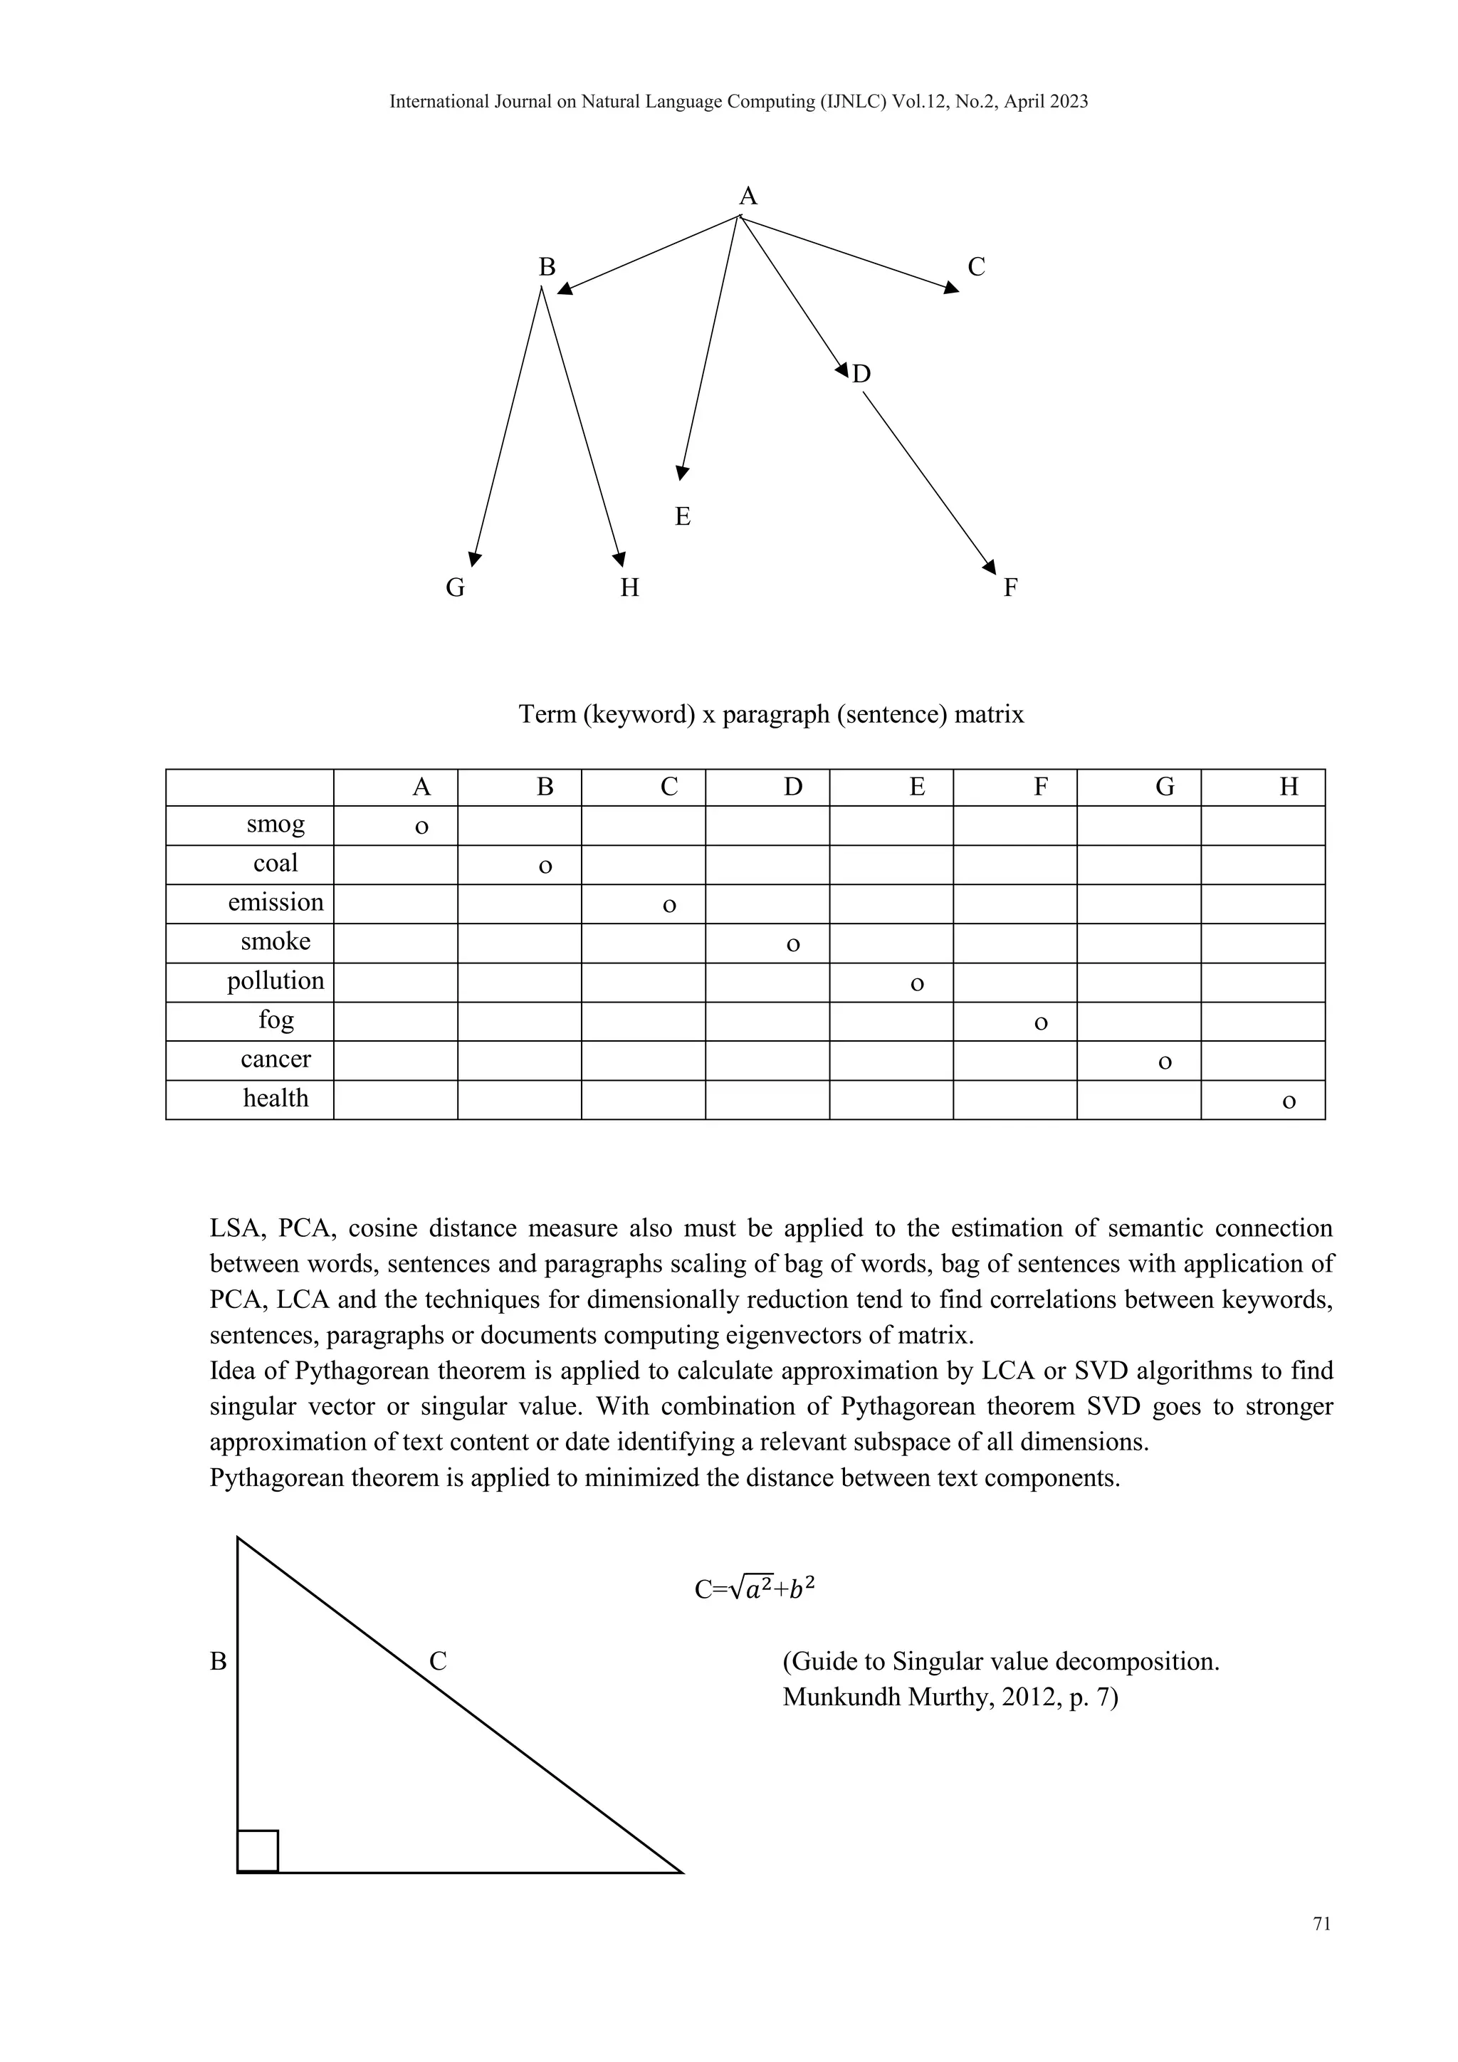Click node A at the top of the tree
click(x=748, y=196)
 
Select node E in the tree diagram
click(x=682, y=516)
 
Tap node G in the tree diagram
click(x=455, y=587)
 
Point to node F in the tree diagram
click(x=1010, y=587)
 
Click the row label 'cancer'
click(x=276, y=1059)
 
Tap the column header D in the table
click(x=793, y=787)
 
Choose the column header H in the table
click(x=1289, y=787)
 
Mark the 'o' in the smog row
click(x=421, y=826)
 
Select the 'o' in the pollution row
click(x=917, y=983)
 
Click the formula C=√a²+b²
click(x=754, y=1590)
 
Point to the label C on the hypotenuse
click(x=437, y=1661)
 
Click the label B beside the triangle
click(x=218, y=1661)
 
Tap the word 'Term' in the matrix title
click(x=546, y=714)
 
